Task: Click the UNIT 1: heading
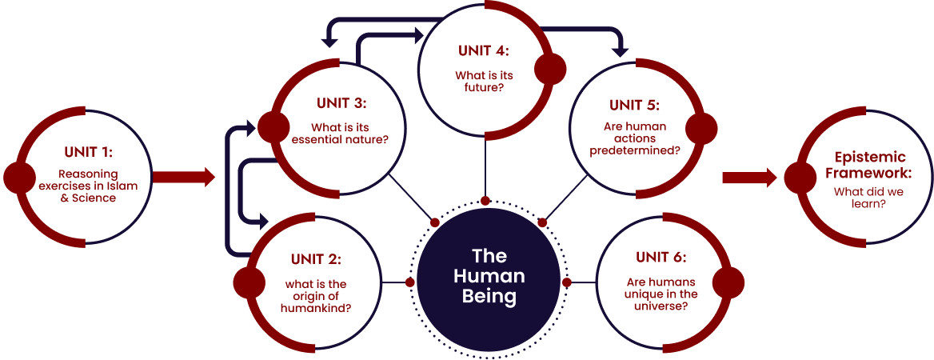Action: [88, 150]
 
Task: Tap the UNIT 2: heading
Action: [316, 258]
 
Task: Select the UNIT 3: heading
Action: [341, 102]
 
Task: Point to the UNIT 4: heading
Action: [483, 50]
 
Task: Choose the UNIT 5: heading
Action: [634, 105]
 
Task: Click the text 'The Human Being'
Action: [489, 276]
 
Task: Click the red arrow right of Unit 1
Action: [184, 177]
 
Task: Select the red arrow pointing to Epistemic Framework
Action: [749, 177]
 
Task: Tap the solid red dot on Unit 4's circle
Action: [550, 70]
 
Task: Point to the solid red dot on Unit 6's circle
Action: [728, 282]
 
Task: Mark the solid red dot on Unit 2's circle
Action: [249, 282]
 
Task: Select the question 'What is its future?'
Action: [483, 82]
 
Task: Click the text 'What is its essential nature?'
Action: [341, 134]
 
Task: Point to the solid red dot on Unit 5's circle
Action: [701, 126]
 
